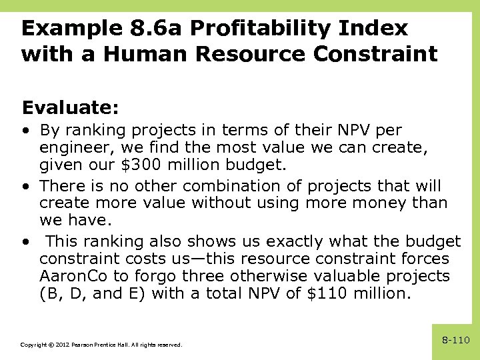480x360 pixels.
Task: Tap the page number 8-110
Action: (x=456, y=341)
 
